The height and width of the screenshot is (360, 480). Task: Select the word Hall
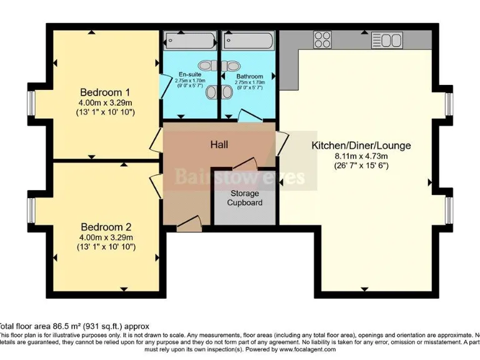pyautogui.click(x=219, y=144)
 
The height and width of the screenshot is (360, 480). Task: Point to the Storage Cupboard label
pyautogui.click(x=244, y=198)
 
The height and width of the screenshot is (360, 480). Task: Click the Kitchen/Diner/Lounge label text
pyautogui.click(x=361, y=146)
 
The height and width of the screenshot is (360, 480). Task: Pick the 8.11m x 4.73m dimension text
pyautogui.click(x=361, y=156)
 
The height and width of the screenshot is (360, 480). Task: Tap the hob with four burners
pyautogui.click(x=322, y=40)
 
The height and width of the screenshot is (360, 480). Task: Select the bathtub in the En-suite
pyautogui.click(x=189, y=41)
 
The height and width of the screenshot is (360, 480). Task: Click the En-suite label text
pyautogui.click(x=189, y=75)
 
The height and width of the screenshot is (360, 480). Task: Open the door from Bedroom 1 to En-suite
pyautogui.click(x=161, y=83)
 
